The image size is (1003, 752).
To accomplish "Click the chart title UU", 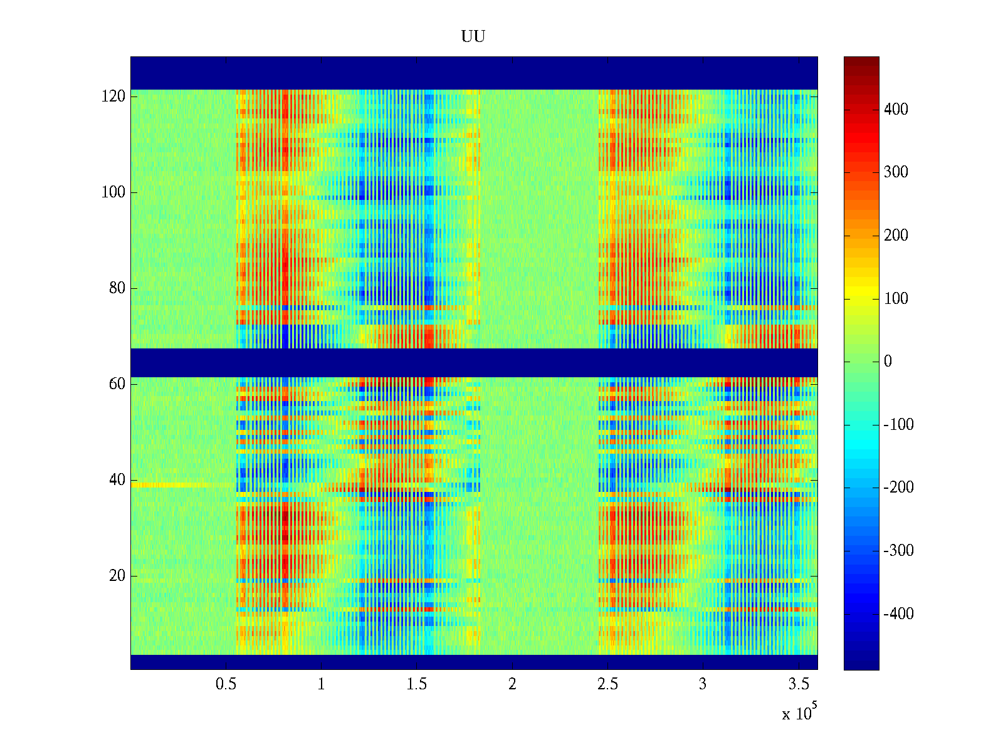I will click(x=473, y=37).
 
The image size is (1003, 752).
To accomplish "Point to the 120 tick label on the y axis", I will click(x=113, y=97).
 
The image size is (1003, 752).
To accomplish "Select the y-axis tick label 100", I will click(x=113, y=192).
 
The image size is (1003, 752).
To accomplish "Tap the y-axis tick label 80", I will click(x=117, y=288).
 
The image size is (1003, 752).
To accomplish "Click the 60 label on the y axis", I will click(x=117, y=384).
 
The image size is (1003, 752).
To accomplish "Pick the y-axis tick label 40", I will click(x=117, y=480).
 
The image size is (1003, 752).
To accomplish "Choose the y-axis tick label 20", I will click(x=117, y=576).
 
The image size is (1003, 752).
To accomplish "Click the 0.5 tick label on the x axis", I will click(x=226, y=684).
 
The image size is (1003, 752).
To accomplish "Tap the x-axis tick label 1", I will click(x=321, y=684).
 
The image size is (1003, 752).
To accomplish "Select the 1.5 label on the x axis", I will click(x=417, y=684).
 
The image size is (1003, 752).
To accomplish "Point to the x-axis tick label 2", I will click(x=512, y=684).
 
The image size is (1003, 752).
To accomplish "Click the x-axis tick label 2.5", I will click(x=607, y=684).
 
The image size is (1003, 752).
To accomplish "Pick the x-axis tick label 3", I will click(x=703, y=684).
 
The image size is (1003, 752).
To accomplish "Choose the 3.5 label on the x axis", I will click(x=799, y=684).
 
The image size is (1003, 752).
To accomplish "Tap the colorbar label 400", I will click(x=896, y=110).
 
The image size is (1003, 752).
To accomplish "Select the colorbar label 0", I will click(x=888, y=362).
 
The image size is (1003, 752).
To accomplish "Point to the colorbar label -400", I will click(x=898, y=614).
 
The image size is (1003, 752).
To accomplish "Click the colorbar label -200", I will click(x=898, y=488).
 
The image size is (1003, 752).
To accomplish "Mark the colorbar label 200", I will click(x=896, y=236).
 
